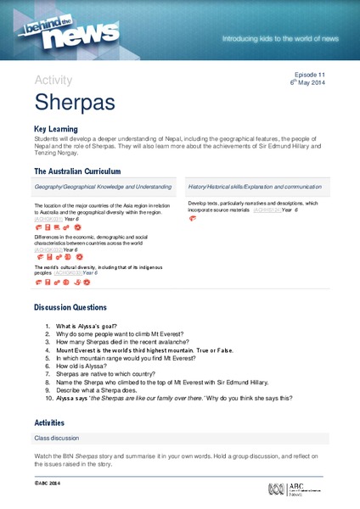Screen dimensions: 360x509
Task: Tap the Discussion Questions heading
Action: point(70,306)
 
